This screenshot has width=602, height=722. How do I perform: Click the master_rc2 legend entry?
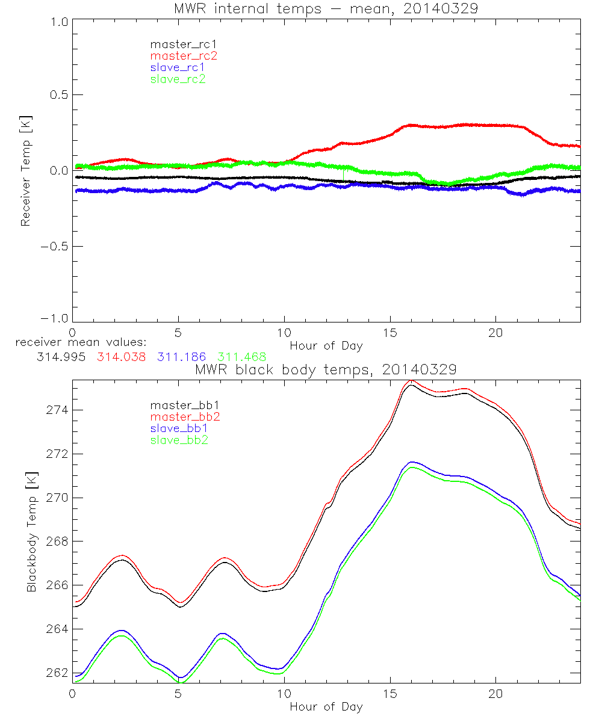(x=184, y=56)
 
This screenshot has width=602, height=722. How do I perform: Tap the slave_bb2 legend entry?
(x=180, y=440)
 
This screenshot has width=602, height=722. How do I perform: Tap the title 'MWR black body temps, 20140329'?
(x=326, y=369)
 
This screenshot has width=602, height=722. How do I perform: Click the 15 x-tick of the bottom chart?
(x=390, y=694)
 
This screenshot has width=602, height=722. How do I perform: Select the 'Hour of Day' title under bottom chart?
(x=326, y=706)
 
